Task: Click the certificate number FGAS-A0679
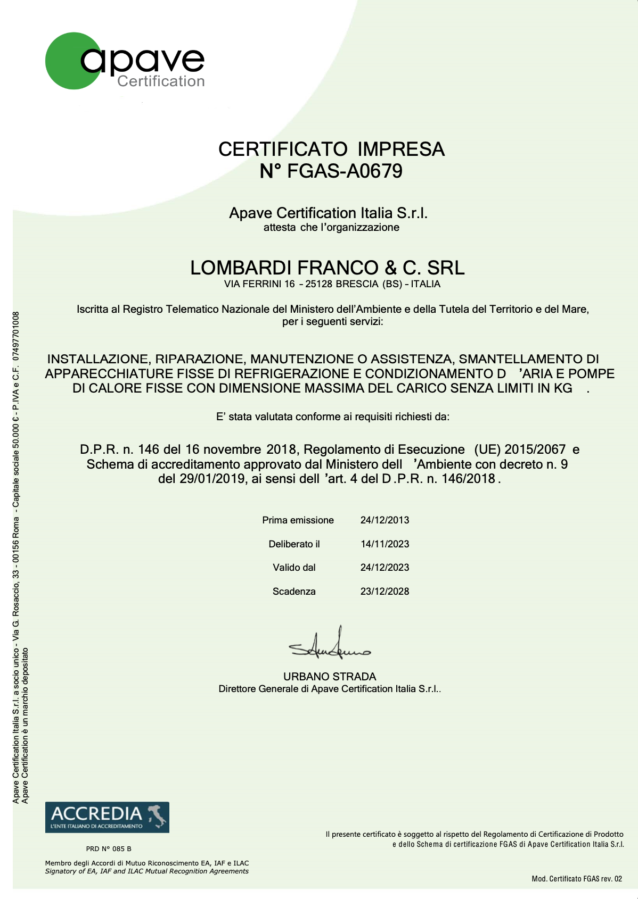coord(345,171)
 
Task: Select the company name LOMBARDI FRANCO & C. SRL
coord(327,268)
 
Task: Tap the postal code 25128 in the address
coord(318,284)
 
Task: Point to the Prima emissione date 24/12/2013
coord(385,520)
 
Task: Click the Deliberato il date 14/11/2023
coord(385,544)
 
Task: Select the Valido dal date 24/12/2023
coord(385,568)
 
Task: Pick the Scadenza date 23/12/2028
coord(385,592)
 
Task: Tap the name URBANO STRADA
coord(330,677)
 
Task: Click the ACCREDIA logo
coord(107,817)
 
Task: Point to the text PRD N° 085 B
coord(109,848)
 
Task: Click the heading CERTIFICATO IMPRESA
coord(331,149)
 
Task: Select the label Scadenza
coord(294,592)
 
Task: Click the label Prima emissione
coord(298,520)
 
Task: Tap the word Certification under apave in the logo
coord(161,81)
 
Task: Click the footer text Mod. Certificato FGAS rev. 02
coord(577,879)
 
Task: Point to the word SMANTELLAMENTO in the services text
coord(521,359)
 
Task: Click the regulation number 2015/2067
coord(535,449)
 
